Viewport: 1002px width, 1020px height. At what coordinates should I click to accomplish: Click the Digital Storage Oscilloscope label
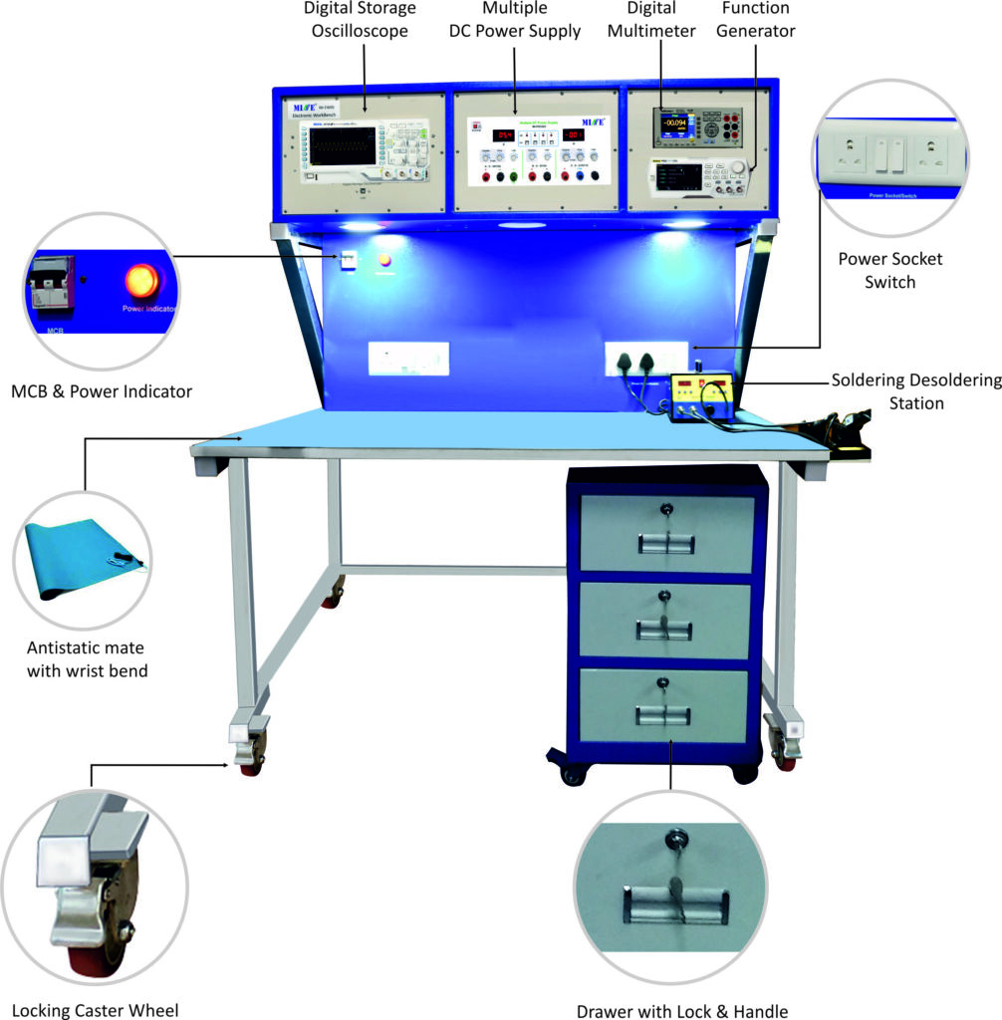(x=360, y=19)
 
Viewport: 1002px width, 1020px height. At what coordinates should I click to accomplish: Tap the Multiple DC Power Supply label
(x=514, y=20)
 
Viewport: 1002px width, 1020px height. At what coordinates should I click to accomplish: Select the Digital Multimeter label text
(x=661, y=20)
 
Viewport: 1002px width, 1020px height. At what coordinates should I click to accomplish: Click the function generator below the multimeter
(x=698, y=179)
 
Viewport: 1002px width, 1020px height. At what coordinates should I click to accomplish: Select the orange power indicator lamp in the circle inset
(x=143, y=280)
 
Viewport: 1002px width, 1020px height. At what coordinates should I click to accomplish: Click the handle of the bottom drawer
(x=664, y=713)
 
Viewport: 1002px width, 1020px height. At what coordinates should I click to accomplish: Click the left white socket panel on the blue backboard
(x=408, y=359)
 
